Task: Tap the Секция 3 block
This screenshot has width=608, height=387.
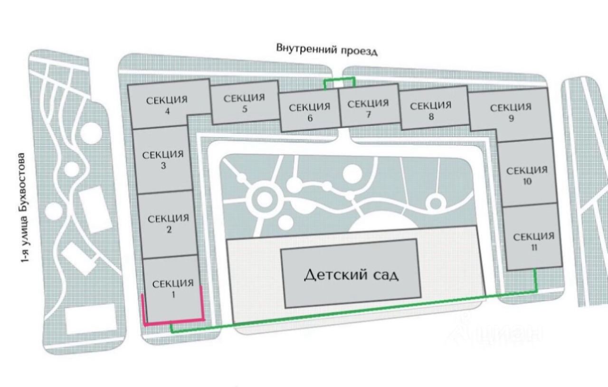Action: (162, 160)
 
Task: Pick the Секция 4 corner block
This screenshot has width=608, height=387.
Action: (167, 105)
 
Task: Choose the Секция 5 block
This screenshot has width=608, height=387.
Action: (244, 103)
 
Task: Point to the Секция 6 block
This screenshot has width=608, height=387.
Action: (309, 112)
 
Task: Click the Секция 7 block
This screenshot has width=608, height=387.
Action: (368, 108)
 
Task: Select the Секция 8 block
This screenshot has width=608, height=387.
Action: (431, 110)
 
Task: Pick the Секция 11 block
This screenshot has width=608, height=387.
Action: (533, 241)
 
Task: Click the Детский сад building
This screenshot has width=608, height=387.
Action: (351, 274)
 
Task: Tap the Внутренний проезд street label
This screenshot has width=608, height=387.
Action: (327, 49)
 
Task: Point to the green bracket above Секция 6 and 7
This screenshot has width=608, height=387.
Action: (339, 79)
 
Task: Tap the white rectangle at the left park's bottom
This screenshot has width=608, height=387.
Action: (90, 318)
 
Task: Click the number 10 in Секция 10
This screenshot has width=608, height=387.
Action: (527, 182)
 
